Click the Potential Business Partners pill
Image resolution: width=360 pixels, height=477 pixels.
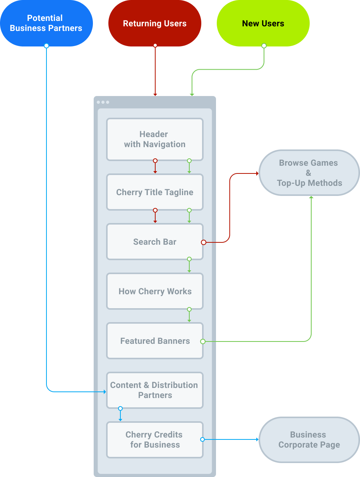46,23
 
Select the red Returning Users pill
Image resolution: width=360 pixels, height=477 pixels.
155,23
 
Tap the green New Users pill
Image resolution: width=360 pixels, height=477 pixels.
263,23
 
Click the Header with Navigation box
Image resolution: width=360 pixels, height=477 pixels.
155,139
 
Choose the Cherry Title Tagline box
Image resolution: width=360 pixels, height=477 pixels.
155,192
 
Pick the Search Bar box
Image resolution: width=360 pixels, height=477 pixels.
155,242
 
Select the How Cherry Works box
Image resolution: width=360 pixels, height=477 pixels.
155,292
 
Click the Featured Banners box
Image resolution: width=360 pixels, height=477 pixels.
155,341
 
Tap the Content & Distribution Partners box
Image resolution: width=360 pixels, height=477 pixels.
155,390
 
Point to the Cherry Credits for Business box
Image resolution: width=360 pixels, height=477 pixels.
155,440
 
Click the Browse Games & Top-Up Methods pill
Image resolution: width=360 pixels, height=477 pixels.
309,173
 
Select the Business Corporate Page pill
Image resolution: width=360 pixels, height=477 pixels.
309,440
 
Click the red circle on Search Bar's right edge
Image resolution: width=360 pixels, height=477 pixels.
203,242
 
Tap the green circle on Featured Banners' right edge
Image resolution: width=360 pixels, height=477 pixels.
202,341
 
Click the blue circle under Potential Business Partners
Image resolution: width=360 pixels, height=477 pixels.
46,46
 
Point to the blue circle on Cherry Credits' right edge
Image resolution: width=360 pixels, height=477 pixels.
202,439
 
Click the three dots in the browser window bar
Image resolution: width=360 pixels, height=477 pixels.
103,102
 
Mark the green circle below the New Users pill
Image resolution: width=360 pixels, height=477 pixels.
264,46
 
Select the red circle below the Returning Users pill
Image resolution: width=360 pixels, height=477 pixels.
155,45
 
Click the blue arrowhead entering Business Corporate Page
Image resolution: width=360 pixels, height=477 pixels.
257,439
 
